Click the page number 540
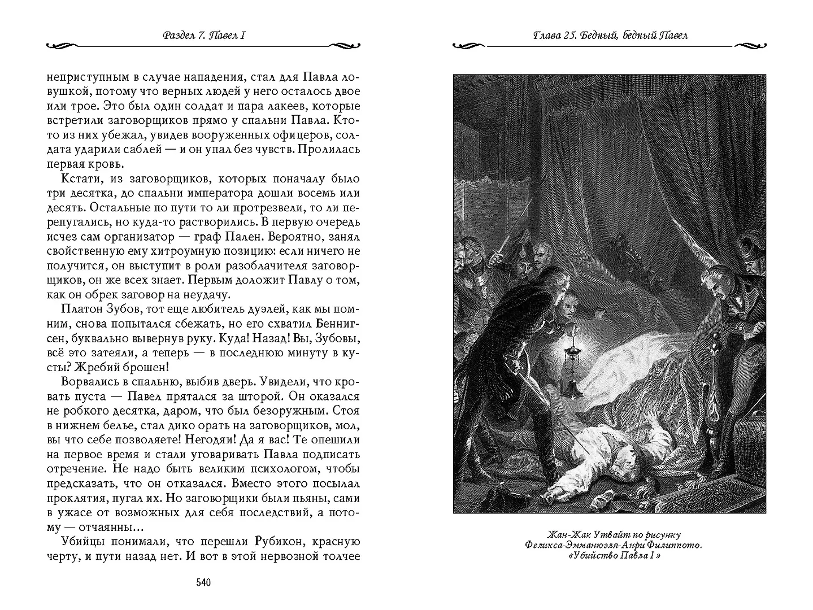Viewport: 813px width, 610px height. [202, 582]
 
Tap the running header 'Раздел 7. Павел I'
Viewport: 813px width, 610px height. [203, 36]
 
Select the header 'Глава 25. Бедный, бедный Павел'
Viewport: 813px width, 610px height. [611, 36]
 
